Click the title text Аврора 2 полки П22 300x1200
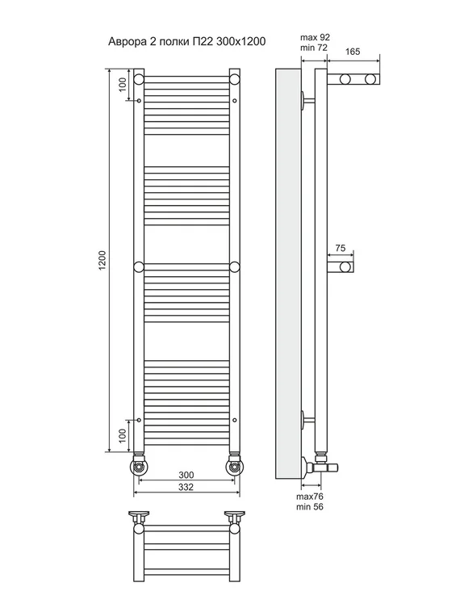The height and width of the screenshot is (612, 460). click(x=186, y=41)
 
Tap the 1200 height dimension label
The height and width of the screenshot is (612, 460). click(x=102, y=260)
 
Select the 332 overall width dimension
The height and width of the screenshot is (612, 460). click(x=186, y=487)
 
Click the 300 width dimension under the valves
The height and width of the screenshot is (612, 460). click(x=186, y=475)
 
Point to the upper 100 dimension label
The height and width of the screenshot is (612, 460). click(x=122, y=85)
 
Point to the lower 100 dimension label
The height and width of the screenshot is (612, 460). click(x=122, y=436)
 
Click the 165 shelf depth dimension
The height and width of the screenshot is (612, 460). click(x=353, y=52)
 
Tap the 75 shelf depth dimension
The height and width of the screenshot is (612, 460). click(x=341, y=248)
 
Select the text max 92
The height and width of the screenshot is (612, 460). click(x=316, y=37)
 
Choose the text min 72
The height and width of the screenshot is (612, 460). click(x=314, y=48)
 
